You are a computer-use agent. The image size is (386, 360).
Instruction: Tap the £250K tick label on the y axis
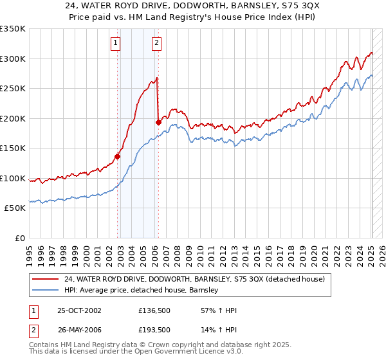13,89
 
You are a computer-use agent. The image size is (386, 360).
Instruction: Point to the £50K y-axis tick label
15,208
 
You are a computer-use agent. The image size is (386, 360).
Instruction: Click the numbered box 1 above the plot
115,44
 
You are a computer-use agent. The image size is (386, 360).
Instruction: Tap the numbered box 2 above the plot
156,44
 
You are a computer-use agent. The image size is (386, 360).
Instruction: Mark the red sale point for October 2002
118,156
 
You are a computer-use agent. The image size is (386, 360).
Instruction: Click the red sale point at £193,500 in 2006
158,122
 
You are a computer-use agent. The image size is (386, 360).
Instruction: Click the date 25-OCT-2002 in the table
79,310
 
